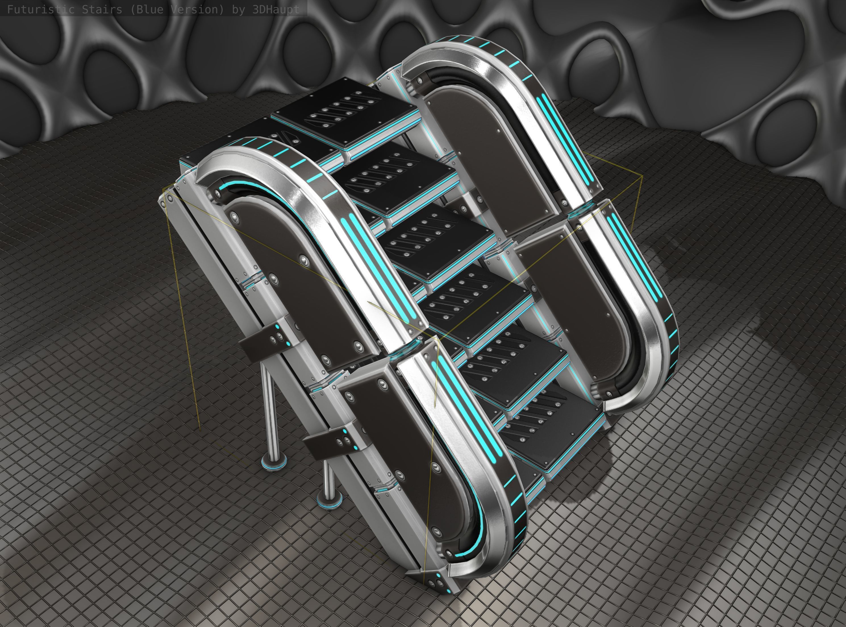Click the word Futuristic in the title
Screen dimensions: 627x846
pyautogui.click(x=36, y=9)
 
